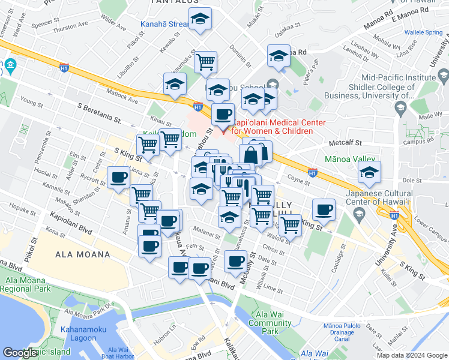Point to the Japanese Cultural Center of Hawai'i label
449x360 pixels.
379,197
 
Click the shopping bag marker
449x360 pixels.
250,155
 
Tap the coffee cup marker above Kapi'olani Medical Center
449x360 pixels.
223,113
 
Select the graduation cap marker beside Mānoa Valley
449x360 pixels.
369,172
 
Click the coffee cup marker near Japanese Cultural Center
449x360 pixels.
324,209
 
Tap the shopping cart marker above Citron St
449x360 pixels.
291,224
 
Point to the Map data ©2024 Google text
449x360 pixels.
411,355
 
